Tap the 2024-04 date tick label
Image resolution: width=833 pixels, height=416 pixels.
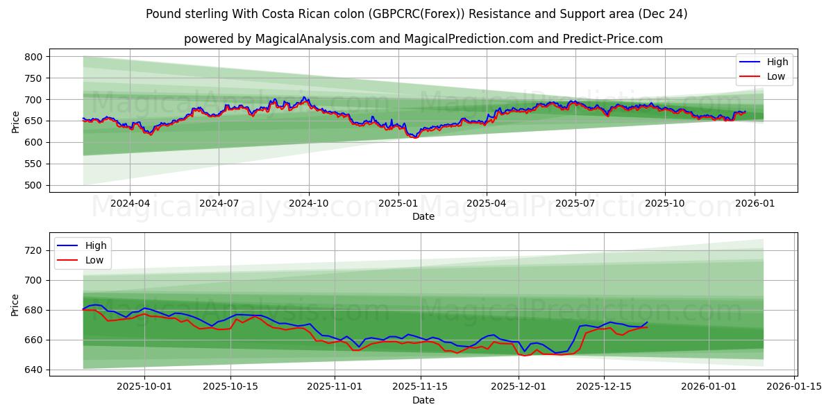tap(130, 204)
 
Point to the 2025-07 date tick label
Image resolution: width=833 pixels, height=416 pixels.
tap(575, 204)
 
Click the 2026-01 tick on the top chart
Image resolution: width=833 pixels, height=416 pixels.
tap(754, 204)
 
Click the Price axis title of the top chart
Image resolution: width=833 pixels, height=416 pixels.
tap(15, 121)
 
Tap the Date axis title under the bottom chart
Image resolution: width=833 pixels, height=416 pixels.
tap(423, 400)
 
